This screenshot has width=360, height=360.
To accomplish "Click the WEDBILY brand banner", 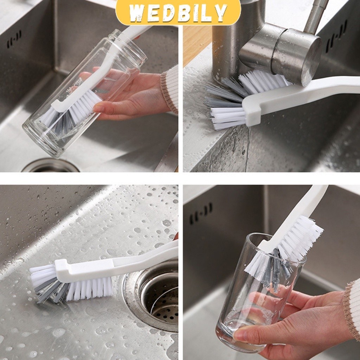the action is [x=178, y=12].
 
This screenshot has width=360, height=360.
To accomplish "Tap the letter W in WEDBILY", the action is [x=137, y=13].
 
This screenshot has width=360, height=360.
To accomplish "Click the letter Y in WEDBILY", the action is [x=221, y=13].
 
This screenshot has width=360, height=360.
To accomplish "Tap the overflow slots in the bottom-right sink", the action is [x=201, y=213].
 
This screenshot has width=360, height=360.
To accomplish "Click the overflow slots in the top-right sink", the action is [x=336, y=37].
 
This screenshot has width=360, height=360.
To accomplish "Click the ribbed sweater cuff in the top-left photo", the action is [x=170, y=90].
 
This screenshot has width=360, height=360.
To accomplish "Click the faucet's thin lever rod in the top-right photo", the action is [x=316, y=17].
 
